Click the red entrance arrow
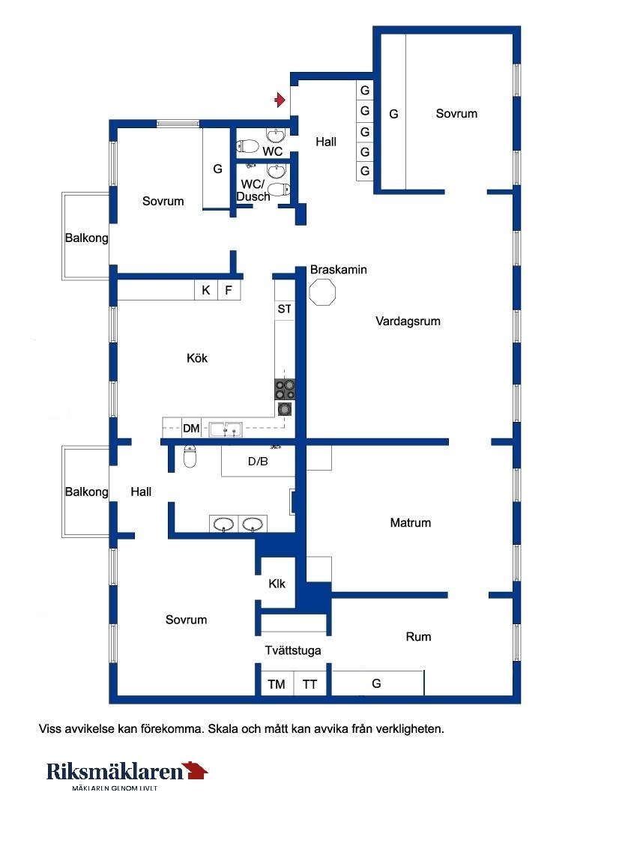click(280, 100)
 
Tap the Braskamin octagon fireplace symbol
click(322, 292)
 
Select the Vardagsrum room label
click(408, 321)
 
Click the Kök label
click(196, 358)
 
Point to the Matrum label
click(411, 523)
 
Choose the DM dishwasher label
click(191, 428)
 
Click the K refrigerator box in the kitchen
click(206, 290)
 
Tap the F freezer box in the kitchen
click(229, 290)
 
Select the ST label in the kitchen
click(284, 309)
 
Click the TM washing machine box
click(277, 683)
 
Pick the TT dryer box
click(310, 683)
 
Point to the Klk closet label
click(277, 584)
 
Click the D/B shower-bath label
click(258, 462)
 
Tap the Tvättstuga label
click(293, 650)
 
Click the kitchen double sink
click(226, 429)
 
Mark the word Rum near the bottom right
click(418, 637)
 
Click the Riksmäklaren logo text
click(115, 772)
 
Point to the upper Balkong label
click(86, 238)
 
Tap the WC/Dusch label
click(253, 190)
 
